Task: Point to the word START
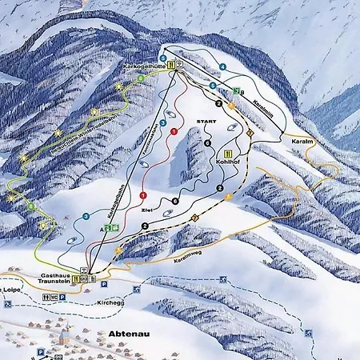click(x=207, y=121)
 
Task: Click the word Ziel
click(x=146, y=209)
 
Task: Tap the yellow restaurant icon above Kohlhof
click(x=229, y=153)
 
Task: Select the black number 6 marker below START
click(x=208, y=143)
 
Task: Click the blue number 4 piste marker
click(x=223, y=66)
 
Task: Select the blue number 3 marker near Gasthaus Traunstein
click(x=86, y=216)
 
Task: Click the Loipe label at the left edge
click(x=11, y=288)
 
